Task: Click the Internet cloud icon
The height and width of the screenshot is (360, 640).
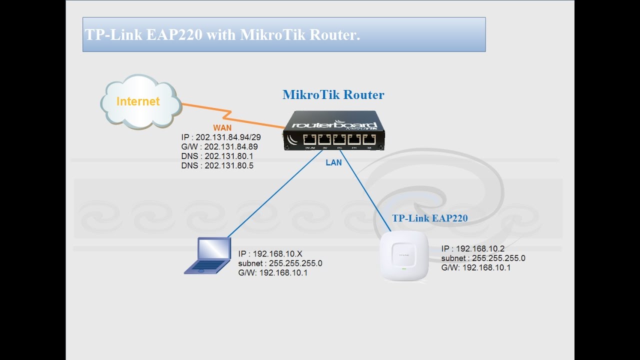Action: [140, 101]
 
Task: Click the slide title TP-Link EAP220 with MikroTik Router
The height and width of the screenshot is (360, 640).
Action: [223, 35]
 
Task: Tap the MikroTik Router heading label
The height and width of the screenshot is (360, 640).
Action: [333, 94]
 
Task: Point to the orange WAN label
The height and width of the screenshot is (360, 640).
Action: [222, 127]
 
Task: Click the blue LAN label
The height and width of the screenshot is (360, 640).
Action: [334, 162]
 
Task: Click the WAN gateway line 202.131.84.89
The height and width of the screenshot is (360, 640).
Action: [219, 146]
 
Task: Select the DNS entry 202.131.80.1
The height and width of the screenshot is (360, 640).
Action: [217, 156]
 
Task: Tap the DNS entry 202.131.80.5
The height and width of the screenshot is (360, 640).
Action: [217, 165]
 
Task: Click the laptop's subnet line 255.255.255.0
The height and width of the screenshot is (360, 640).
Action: [280, 263]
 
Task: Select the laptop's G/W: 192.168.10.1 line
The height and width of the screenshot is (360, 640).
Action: [272, 273]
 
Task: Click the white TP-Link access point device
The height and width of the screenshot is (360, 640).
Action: [404, 257]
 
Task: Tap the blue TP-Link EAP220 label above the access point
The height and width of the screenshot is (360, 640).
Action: [429, 218]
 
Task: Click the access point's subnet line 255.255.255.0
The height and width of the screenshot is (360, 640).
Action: [483, 258]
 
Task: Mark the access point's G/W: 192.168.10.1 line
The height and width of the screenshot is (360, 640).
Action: [475, 268]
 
